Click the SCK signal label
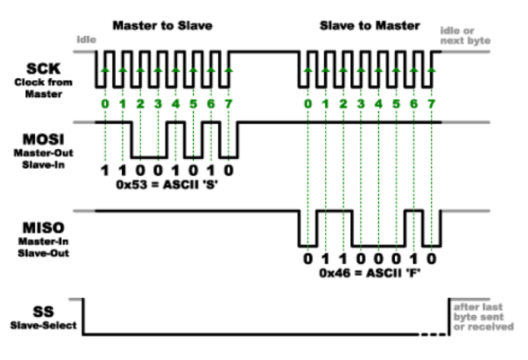(43, 69)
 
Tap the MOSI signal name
(43, 139)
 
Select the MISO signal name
(43, 228)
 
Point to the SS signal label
(43, 312)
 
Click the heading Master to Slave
(163, 26)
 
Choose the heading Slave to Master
(370, 26)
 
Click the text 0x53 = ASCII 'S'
(167, 185)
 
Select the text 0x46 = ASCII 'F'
(370, 273)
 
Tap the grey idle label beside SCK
(86, 40)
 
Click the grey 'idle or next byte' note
(465, 36)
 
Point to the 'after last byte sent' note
(483, 317)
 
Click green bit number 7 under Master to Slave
(229, 104)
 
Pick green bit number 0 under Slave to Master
(308, 104)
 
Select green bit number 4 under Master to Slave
(176, 104)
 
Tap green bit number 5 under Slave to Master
(396, 104)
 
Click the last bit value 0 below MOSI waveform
(229, 171)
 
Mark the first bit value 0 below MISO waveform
(308, 259)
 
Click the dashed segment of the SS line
(434, 334)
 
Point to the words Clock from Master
(43, 88)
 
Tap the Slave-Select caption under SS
(43, 326)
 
